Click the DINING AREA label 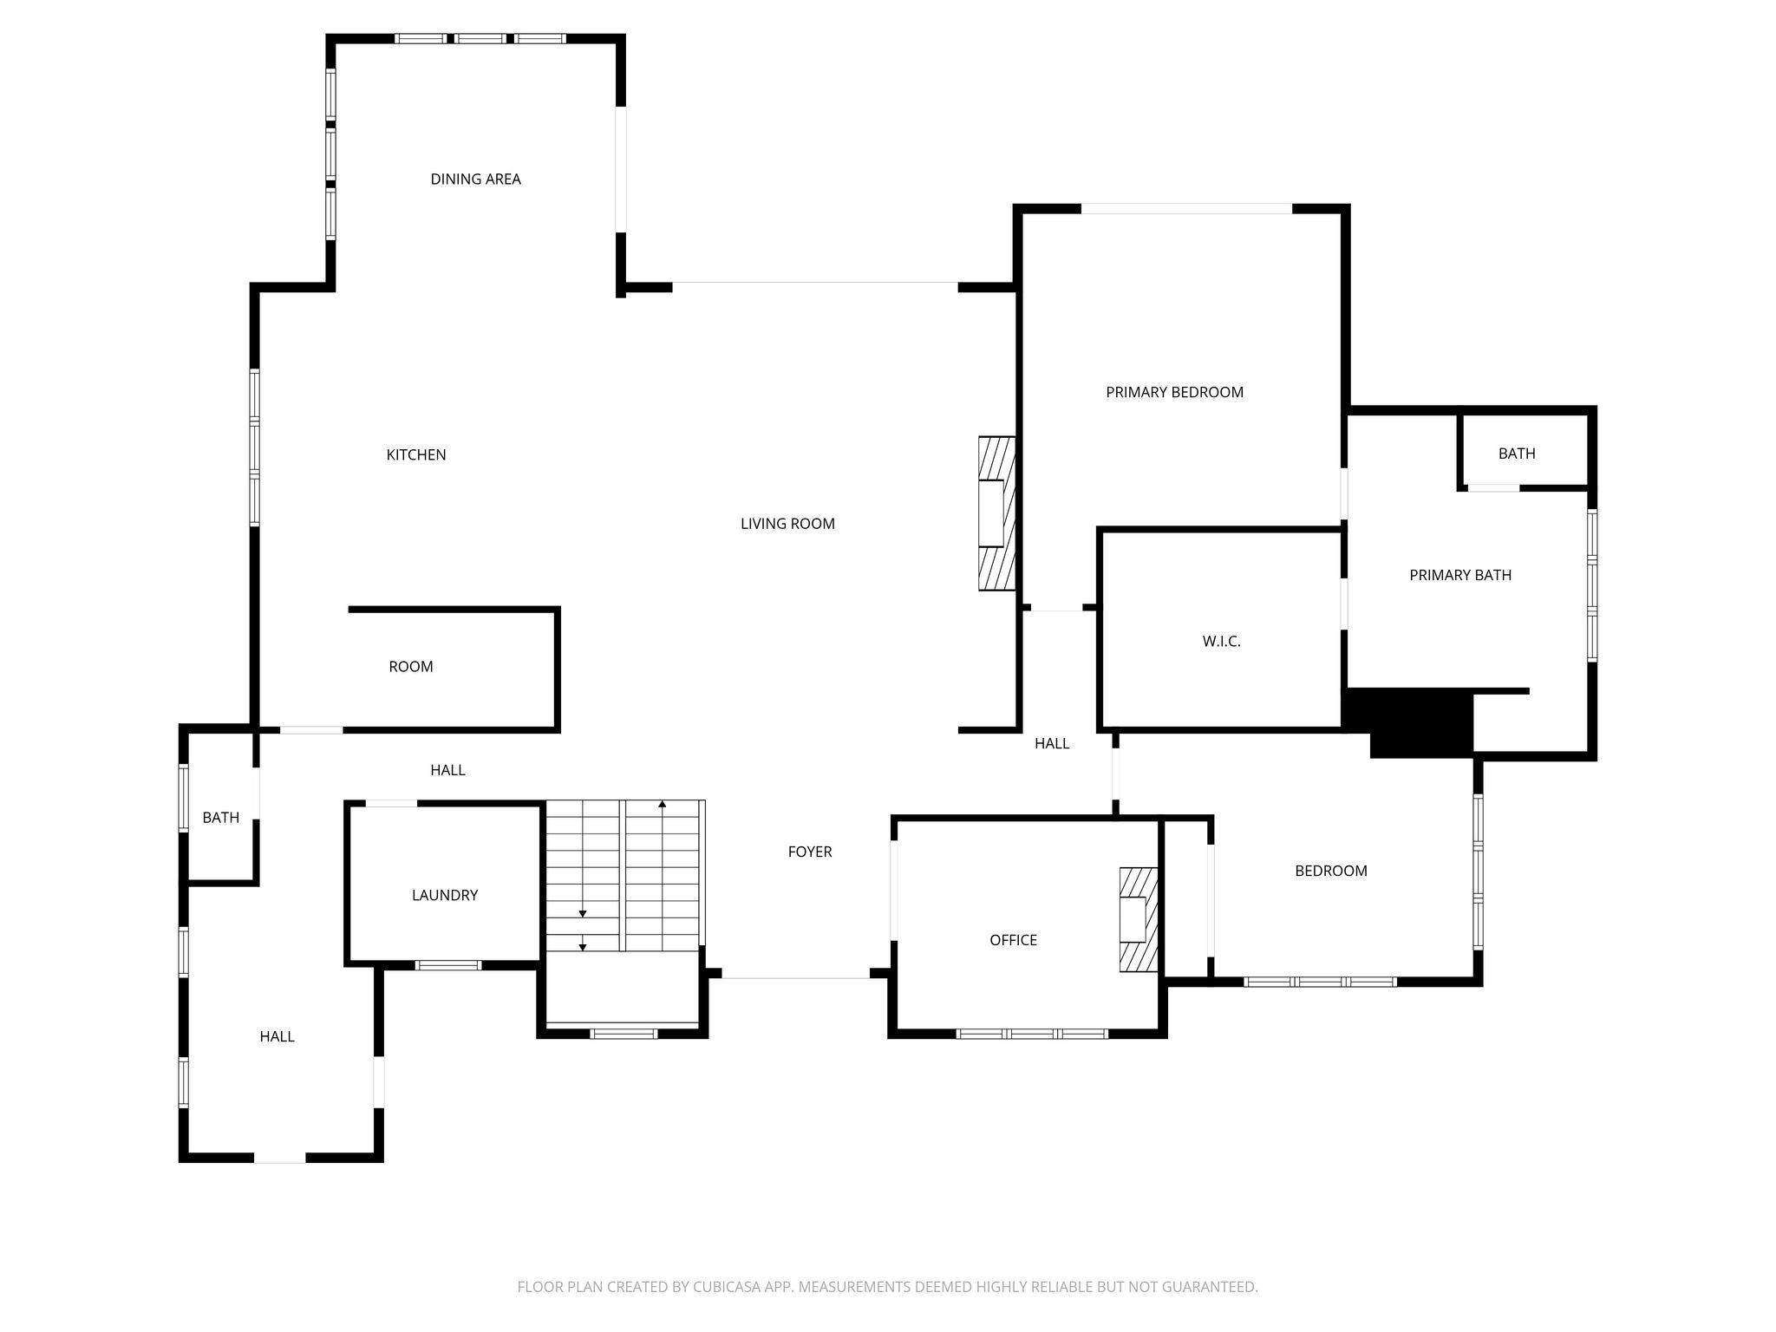[x=475, y=180]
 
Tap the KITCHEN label [x=416, y=455]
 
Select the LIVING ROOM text [x=787, y=524]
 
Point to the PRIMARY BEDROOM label [x=1174, y=392]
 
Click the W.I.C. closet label [x=1221, y=642]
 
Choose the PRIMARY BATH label [x=1460, y=575]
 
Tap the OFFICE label [x=1013, y=940]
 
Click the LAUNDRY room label [x=445, y=895]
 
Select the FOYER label [x=810, y=852]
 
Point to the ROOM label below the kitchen [x=410, y=667]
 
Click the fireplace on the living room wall [x=997, y=513]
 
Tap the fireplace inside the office [x=1139, y=919]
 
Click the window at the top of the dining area [x=480, y=38]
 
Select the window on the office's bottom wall [x=1032, y=1034]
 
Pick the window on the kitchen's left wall [x=255, y=447]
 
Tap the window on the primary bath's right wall [x=1592, y=585]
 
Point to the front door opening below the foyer [x=796, y=977]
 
